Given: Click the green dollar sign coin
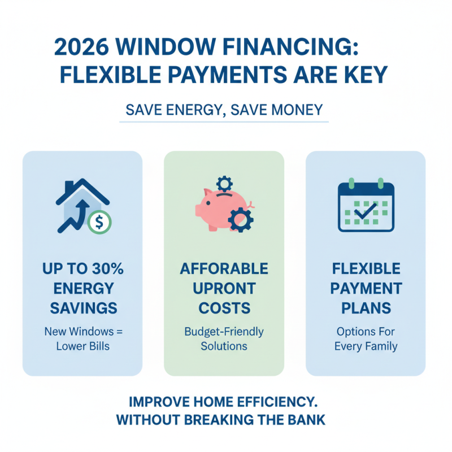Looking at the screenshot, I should (x=99, y=221).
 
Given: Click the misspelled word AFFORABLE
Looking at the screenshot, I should (x=224, y=268).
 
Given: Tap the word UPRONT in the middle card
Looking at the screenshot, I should (x=224, y=288).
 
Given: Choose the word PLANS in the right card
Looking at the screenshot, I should (x=365, y=308).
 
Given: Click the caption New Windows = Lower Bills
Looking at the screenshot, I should (x=82, y=338).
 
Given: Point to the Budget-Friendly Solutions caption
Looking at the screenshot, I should (x=224, y=338).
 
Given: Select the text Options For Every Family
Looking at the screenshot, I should (x=365, y=338).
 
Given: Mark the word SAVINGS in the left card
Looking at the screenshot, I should (x=83, y=308).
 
